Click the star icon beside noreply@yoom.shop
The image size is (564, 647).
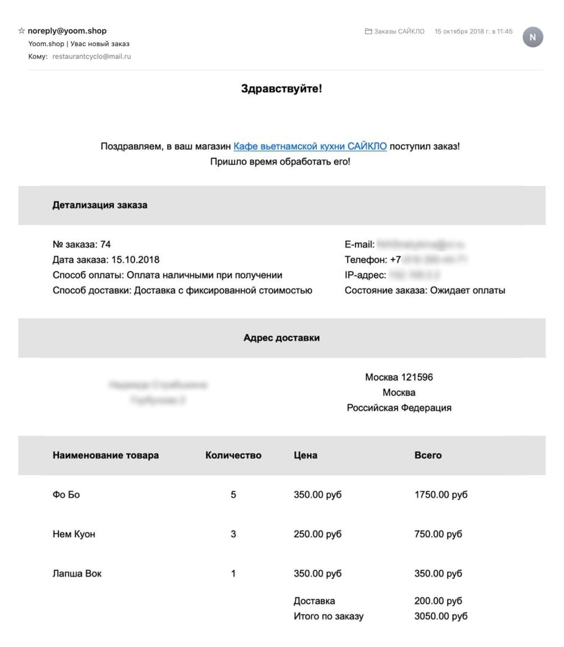22,31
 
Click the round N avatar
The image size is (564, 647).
532,37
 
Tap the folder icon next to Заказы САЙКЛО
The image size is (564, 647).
368,32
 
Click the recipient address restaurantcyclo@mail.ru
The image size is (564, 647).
92,56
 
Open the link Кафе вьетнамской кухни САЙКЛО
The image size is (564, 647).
310,146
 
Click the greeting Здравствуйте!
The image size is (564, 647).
282,88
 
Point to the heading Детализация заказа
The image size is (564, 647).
100,205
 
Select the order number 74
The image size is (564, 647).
105,244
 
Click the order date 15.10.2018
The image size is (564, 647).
136,260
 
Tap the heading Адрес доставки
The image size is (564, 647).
282,338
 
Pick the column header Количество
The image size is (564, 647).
233,455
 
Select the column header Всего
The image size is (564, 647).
428,455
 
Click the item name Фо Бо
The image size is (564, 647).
66,495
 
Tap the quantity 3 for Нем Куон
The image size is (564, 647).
233,534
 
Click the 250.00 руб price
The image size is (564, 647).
317,534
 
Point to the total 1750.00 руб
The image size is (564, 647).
440,495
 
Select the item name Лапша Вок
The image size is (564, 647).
77,574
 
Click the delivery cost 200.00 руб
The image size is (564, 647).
438,601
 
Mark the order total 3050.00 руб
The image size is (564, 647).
440,616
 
